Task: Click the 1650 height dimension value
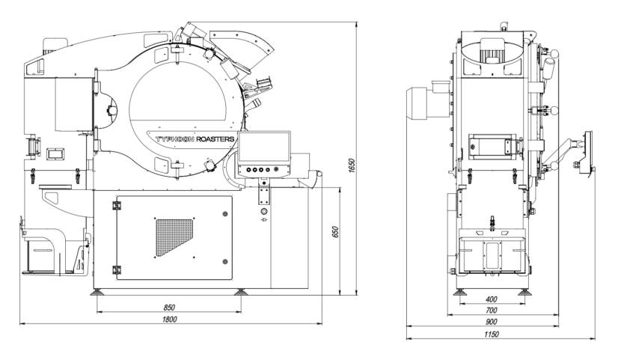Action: [x=352, y=165]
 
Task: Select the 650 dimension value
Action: [x=336, y=232]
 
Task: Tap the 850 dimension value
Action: [x=168, y=307]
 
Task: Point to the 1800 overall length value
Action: [x=170, y=319]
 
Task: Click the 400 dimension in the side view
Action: [x=492, y=299]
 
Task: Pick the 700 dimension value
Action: [x=492, y=311]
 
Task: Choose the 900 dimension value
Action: [x=492, y=322]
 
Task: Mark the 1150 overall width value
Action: [x=492, y=335]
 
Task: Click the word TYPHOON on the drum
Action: [x=174, y=139]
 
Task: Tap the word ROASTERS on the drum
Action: [x=215, y=139]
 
